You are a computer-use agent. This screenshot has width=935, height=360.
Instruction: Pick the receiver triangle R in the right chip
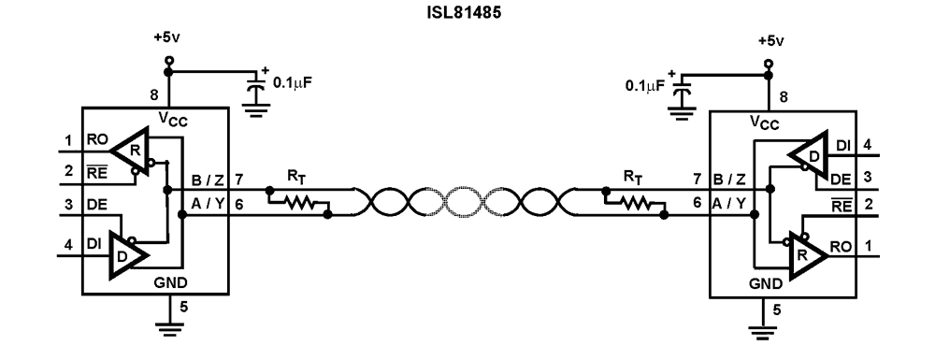(x=808, y=252)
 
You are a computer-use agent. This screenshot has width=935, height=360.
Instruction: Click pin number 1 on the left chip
(x=68, y=143)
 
